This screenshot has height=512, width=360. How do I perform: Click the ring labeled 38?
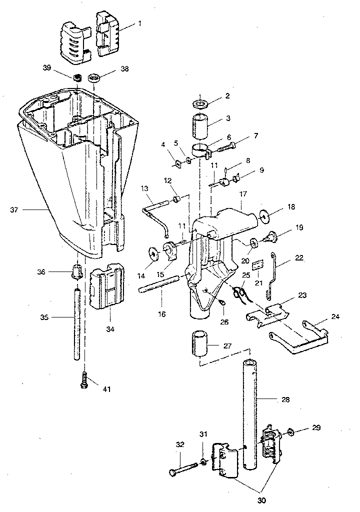click(x=94, y=78)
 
